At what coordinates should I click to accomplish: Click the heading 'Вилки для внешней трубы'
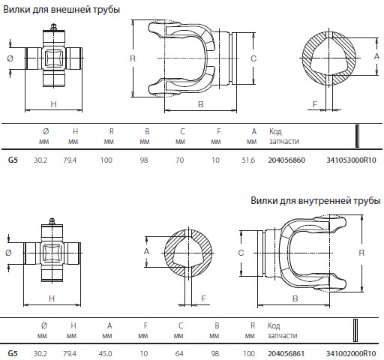[x=61, y=10]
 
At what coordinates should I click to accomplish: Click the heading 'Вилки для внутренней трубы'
[x=316, y=200]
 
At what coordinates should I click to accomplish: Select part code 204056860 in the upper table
[x=286, y=160]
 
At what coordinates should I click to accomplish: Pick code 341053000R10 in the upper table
[x=351, y=160]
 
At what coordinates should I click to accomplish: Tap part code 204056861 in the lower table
[x=286, y=354]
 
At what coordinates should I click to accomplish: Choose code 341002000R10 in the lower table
[x=351, y=354]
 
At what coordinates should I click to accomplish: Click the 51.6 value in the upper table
[x=248, y=160]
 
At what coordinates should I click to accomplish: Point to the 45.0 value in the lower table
[x=105, y=354]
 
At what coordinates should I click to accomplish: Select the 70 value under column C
[x=180, y=160]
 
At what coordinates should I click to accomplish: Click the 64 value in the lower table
[x=179, y=354]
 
